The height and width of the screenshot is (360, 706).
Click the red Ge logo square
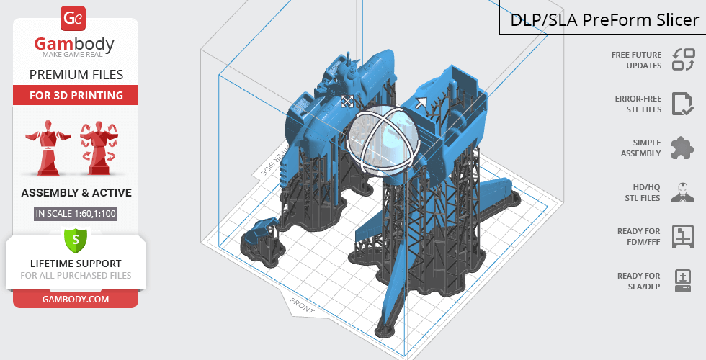pyautogui.click(x=73, y=19)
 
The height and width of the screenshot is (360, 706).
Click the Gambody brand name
pyautogui.click(x=74, y=44)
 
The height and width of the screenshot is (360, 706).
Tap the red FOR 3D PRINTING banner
pyautogui.click(x=76, y=95)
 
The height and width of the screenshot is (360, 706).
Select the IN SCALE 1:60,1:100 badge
pyautogui.click(x=76, y=213)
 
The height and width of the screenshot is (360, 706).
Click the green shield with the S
pyautogui.click(x=76, y=240)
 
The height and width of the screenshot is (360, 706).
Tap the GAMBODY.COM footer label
pyautogui.click(x=76, y=300)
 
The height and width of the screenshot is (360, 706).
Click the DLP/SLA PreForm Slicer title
pyautogui.click(x=604, y=20)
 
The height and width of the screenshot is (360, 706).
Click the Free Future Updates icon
pyautogui.click(x=684, y=59)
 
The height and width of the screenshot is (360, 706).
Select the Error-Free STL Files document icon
pyautogui.click(x=683, y=104)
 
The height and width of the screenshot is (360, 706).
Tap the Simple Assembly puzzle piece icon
pyautogui.click(x=683, y=148)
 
